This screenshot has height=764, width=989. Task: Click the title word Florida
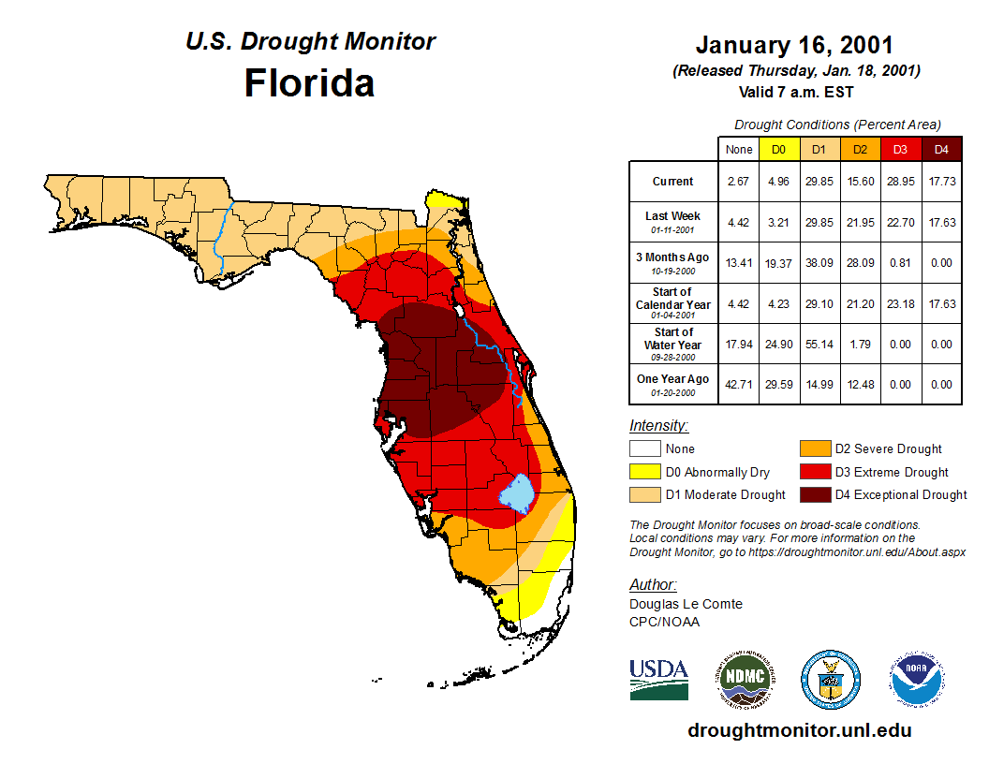[x=309, y=83]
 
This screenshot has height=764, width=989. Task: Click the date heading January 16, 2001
[x=794, y=45]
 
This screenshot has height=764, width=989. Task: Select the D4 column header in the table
[x=941, y=149]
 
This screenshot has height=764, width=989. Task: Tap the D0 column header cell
[x=778, y=149]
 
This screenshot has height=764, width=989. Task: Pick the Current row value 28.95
[x=901, y=182]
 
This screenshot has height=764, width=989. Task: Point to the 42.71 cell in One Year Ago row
[x=739, y=385]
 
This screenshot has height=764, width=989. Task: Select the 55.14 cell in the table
[x=819, y=345]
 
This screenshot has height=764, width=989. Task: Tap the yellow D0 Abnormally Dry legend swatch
[x=645, y=472]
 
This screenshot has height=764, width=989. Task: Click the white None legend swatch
[x=645, y=449]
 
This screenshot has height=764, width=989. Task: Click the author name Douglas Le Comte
[x=686, y=604]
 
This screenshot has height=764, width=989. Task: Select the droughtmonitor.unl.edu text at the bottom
[x=799, y=730]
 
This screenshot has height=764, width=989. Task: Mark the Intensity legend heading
[x=658, y=426]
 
